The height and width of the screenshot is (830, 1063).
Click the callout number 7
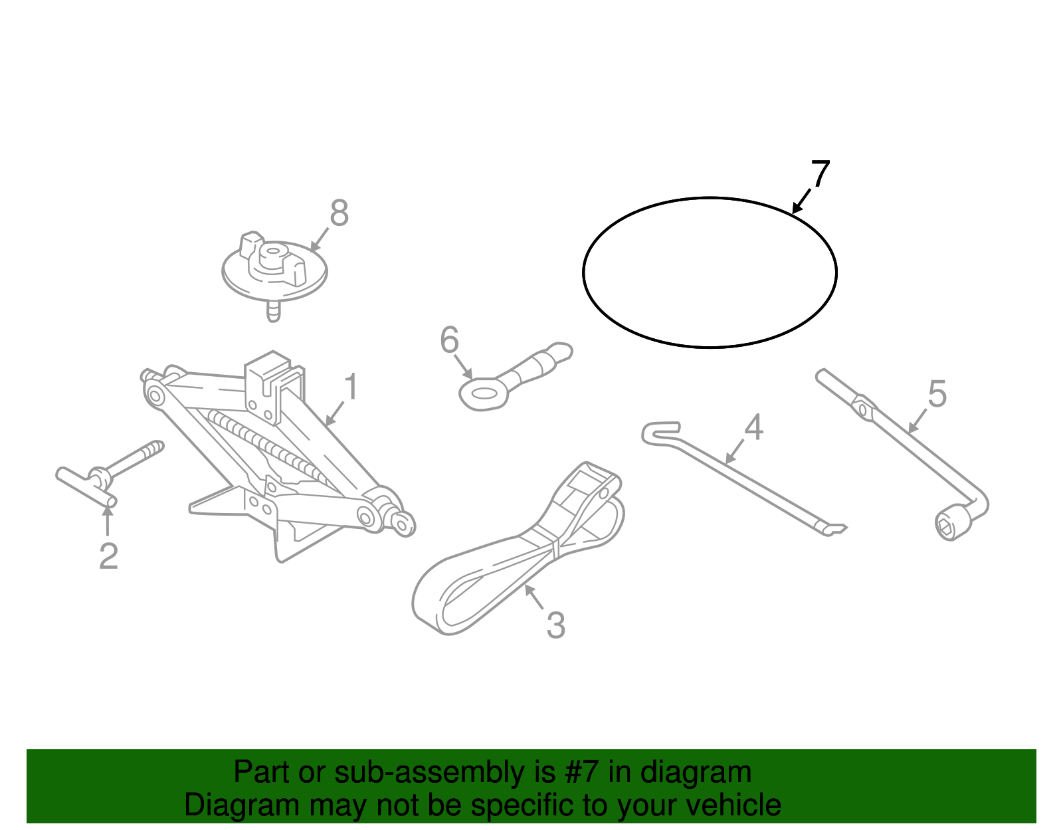tap(821, 173)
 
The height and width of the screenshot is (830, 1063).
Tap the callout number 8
tap(339, 214)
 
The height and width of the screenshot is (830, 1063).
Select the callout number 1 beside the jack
tap(351, 387)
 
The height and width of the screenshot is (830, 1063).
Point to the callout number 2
tap(108, 556)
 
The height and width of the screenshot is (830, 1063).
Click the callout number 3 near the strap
tap(555, 625)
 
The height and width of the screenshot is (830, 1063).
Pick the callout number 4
tap(753, 427)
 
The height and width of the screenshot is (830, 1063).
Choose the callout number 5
tap(937, 394)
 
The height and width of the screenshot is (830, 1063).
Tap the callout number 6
tap(449, 340)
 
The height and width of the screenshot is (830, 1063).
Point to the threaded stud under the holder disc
tap(273, 311)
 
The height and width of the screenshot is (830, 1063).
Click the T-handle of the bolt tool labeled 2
tap(86, 486)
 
